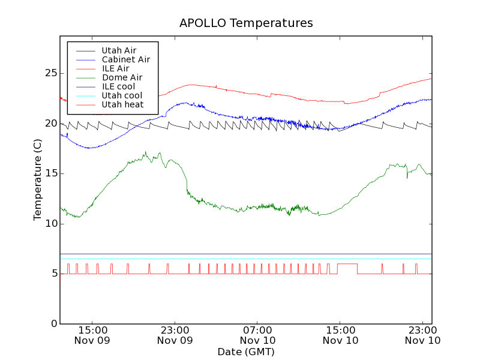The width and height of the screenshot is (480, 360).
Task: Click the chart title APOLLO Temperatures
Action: coord(246,23)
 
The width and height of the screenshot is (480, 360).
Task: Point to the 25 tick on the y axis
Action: coord(50,73)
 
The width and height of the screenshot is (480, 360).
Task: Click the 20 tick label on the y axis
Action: coord(50,124)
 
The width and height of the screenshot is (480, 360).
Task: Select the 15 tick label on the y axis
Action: coord(50,173)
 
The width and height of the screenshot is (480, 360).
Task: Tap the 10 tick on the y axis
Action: coord(50,224)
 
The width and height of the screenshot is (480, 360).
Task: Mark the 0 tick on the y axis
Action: coord(53,324)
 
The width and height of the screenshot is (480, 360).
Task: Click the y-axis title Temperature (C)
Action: coord(38,180)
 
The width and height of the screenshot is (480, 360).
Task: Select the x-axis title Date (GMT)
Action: coord(246,352)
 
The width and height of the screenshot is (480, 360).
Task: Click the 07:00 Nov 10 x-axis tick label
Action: coord(257,335)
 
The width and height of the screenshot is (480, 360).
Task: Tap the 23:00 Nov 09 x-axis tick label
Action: coord(175,335)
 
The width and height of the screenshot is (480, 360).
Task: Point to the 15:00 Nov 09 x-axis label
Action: coord(92,335)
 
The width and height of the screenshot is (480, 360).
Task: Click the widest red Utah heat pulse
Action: coord(347,264)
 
